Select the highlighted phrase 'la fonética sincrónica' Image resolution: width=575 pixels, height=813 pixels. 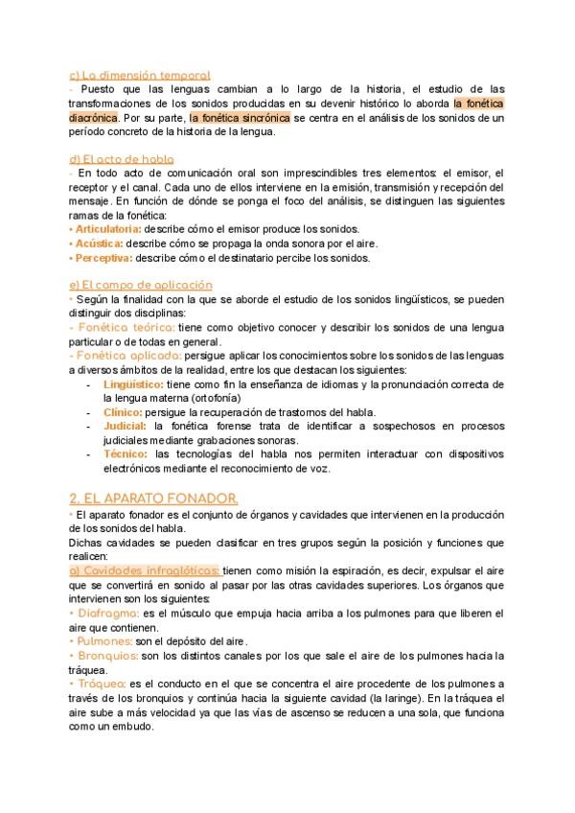[x=240, y=117]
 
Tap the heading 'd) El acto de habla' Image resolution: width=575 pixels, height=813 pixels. [x=122, y=159]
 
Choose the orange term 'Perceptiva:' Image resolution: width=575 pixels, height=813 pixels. [x=103, y=257]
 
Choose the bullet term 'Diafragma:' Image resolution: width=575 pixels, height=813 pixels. [x=104, y=612]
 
